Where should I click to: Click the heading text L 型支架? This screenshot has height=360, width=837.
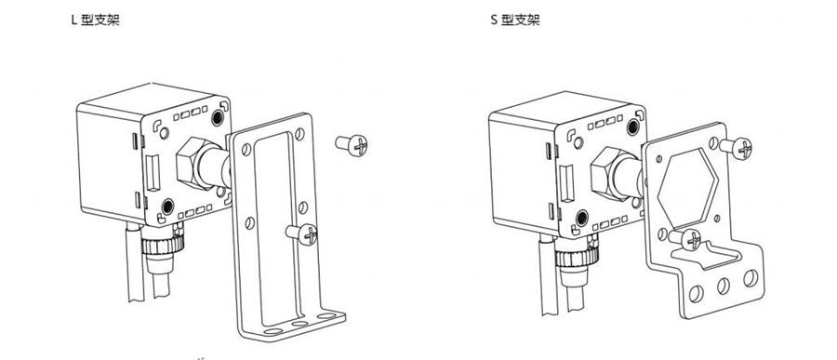pos(96,20)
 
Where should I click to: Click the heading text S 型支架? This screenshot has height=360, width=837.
pos(515,20)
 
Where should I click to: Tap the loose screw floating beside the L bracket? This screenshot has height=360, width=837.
pos(352,145)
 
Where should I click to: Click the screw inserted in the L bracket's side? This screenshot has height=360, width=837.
pos(302,233)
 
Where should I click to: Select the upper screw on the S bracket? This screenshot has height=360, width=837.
pos(737,148)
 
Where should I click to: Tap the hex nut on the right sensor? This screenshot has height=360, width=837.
pos(608,172)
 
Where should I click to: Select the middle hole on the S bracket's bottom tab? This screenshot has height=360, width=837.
pos(724,286)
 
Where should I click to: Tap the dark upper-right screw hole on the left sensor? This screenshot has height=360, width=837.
pos(218,117)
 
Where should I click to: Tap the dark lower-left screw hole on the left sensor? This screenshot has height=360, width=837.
pos(167,206)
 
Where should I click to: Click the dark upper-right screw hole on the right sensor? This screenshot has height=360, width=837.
pos(633,127)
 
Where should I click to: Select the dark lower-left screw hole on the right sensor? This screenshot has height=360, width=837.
pos(582,218)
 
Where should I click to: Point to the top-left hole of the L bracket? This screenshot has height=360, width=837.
pos(246,150)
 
